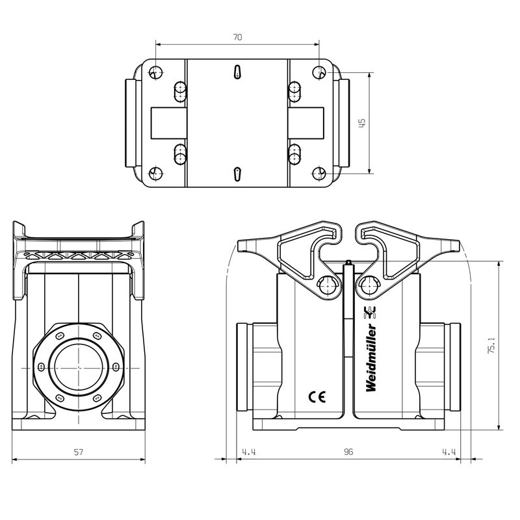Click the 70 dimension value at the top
(x=237, y=38)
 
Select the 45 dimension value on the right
(x=361, y=123)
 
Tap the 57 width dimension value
(x=78, y=451)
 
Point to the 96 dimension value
(x=348, y=452)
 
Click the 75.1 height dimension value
(x=491, y=345)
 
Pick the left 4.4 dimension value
(x=248, y=452)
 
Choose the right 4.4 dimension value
(x=448, y=452)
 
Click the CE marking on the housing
(x=317, y=395)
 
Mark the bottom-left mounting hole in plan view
(x=155, y=173)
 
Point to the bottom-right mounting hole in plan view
(x=319, y=173)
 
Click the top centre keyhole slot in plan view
(x=237, y=71)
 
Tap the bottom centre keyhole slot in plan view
(x=237, y=174)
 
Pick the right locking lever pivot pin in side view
(x=369, y=284)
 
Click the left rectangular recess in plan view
(x=169, y=123)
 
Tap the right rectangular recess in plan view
(x=306, y=123)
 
